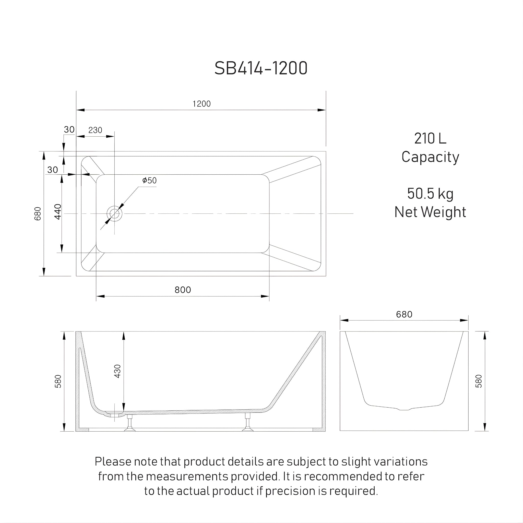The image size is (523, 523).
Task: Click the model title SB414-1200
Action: coord(261,68)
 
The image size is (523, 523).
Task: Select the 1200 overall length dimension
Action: coord(201,104)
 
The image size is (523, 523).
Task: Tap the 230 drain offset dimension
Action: coord(95,130)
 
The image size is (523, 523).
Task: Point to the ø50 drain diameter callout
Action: coord(149,180)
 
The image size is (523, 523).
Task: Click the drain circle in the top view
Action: coord(114,213)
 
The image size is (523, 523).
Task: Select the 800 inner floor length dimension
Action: coord(183,290)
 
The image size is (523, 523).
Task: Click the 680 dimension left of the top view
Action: coord(38,213)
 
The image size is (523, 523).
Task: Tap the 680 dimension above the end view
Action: coord(404,314)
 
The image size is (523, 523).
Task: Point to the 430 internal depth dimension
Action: coord(117,371)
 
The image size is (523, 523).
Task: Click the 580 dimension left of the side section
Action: coord(58,382)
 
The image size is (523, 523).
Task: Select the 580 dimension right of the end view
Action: coord(479,381)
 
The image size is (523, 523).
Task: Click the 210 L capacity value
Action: coord(430,139)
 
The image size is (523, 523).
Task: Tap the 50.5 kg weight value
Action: coord(430,194)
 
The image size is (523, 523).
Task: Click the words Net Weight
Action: coord(430,212)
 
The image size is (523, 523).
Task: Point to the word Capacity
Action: coord(430,157)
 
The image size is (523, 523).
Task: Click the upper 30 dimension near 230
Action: coord(69,129)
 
